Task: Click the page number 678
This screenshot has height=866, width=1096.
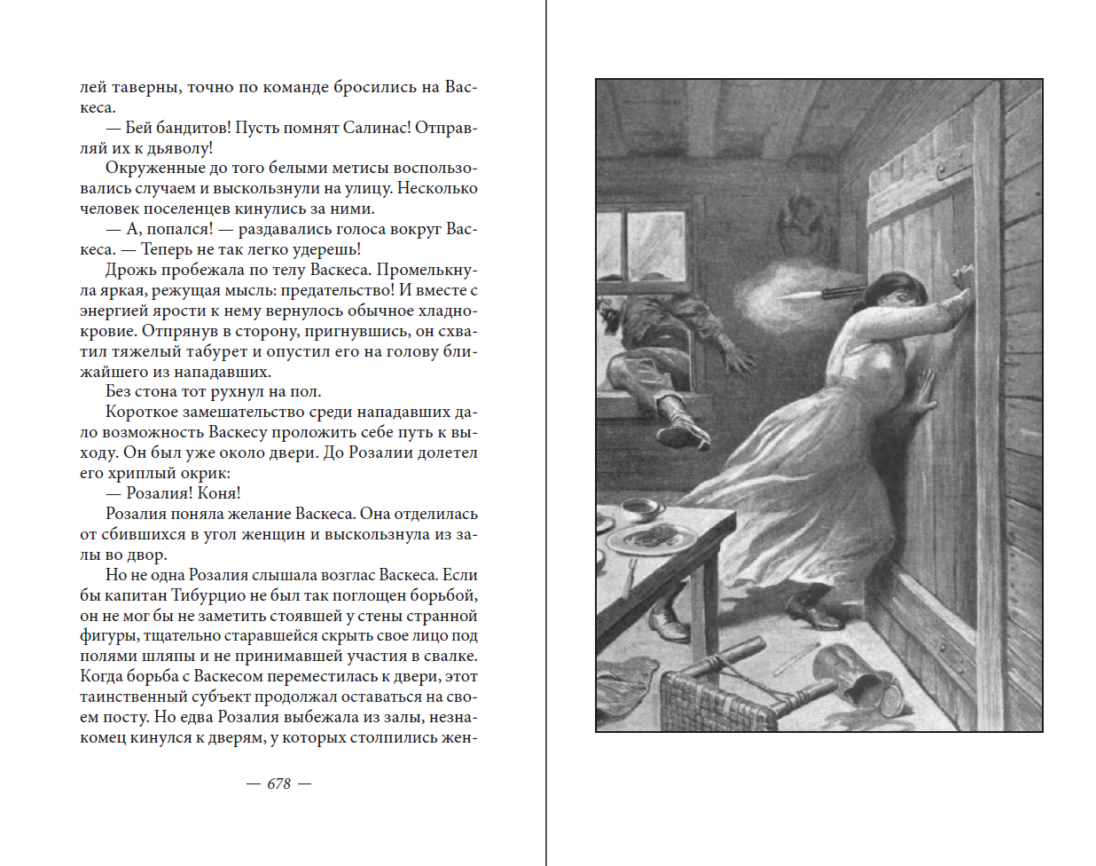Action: [278, 783]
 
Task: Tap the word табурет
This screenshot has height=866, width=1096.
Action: [184, 351]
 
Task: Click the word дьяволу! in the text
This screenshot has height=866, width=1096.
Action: [179, 148]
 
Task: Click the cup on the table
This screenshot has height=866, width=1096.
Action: [640, 509]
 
